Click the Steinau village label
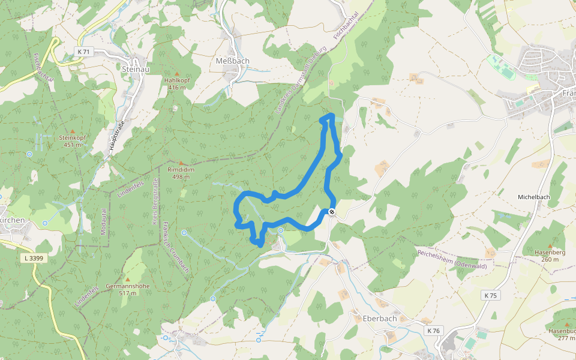click(x=135, y=70)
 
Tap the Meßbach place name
click(x=232, y=61)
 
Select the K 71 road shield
click(x=83, y=52)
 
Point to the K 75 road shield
click(x=490, y=295)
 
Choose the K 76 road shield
click(x=433, y=331)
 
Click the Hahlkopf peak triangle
click(x=177, y=73)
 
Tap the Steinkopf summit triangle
click(x=73, y=131)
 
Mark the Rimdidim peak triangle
click(x=181, y=163)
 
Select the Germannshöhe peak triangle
click(x=127, y=279)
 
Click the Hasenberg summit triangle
click(x=549, y=246)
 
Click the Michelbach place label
click(x=534, y=197)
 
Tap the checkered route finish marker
click(x=331, y=211)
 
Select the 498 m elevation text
click(x=181, y=177)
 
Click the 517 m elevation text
click(x=127, y=293)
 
